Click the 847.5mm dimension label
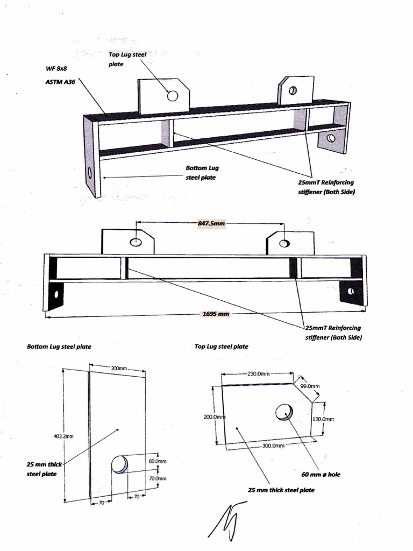pyautogui.click(x=212, y=223)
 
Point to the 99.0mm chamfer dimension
pyautogui.click(x=310, y=386)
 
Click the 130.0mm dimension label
pyautogui.click(x=324, y=419)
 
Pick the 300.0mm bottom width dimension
pyautogui.click(x=273, y=446)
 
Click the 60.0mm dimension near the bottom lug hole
pyautogui.click(x=158, y=461)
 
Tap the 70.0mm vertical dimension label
pyautogui.click(x=158, y=478)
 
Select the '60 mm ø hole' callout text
pyautogui.click(x=321, y=475)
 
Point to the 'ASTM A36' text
pyautogui.click(x=60, y=82)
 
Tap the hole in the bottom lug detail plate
pyautogui.click(x=119, y=464)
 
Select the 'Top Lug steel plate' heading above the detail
pyautogui.click(x=221, y=347)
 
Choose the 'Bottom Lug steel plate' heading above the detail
pyautogui.click(x=59, y=347)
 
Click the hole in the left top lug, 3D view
pyautogui.click(x=173, y=96)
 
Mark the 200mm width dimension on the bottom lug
pyautogui.click(x=119, y=368)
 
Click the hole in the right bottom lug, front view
pyautogui.click(x=351, y=291)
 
